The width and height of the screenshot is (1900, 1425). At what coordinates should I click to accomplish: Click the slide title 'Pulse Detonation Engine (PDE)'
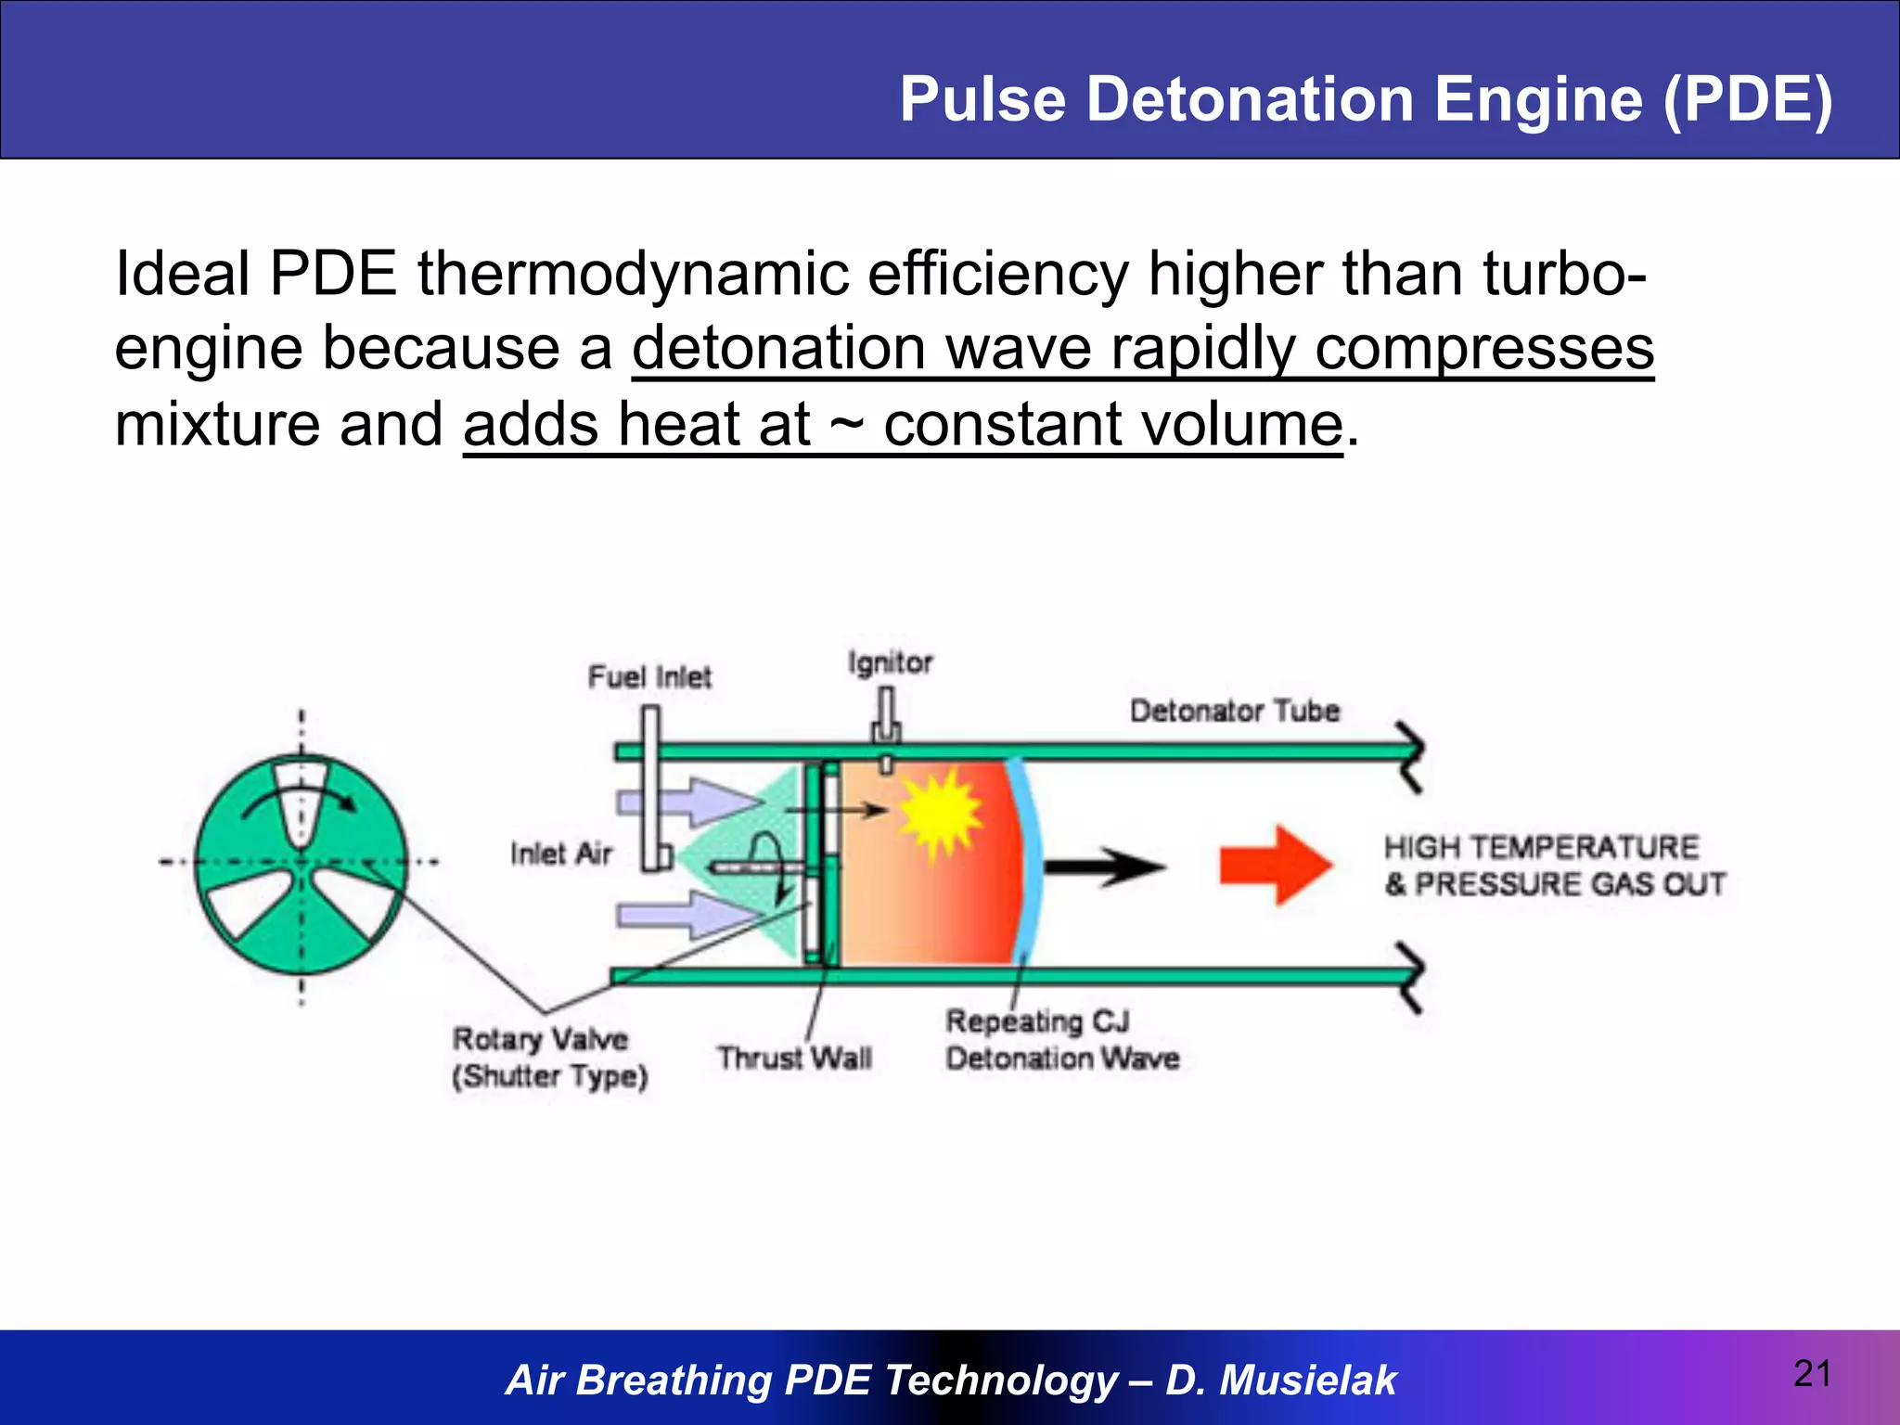(x=1366, y=99)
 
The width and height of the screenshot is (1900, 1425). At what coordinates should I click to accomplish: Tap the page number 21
(x=1812, y=1374)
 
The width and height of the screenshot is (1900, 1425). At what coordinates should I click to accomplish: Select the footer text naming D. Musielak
(x=950, y=1380)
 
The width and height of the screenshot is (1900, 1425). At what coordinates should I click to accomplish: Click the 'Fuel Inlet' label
(x=649, y=677)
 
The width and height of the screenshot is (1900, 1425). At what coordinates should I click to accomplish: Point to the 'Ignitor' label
(x=890, y=662)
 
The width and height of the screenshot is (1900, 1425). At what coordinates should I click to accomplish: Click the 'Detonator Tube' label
(x=1234, y=712)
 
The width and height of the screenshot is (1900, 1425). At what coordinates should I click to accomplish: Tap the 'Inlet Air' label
(x=561, y=854)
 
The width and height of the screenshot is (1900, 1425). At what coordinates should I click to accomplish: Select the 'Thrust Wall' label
(x=794, y=1058)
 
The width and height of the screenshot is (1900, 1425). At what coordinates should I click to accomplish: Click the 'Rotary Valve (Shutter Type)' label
(x=549, y=1058)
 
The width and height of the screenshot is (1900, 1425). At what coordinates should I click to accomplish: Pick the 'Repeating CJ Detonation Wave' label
(x=1061, y=1040)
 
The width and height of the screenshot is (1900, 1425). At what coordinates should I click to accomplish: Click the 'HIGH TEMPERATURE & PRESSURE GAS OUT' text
(x=1554, y=866)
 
